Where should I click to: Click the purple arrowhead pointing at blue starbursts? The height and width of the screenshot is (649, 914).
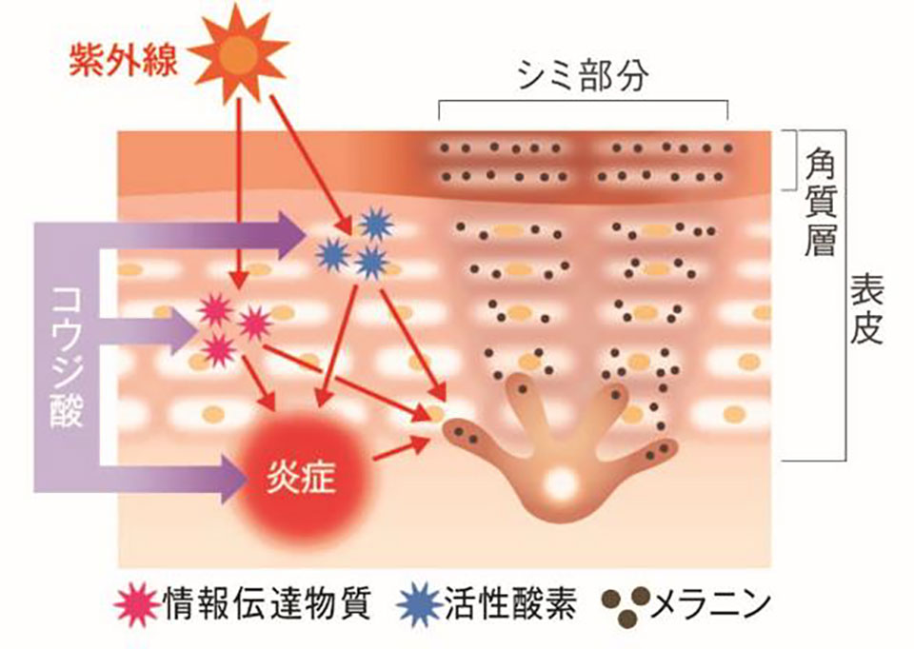click(x=290, y=233)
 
